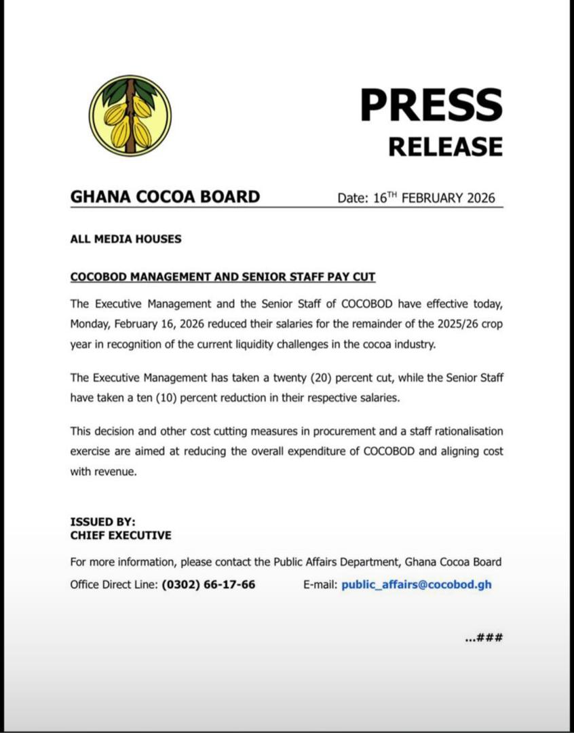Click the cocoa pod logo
coord(130,116)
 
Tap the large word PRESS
coord(431,106)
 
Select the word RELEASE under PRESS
coord(445,146)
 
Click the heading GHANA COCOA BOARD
coord(165,197)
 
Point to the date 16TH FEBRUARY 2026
coord(434,198)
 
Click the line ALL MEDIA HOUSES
coord(126,239)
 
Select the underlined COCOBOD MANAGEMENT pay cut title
coord(223,277)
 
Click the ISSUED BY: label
coord(102,522)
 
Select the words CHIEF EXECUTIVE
coord(121,535)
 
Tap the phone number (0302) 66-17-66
coord(208,584)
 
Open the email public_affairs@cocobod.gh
coord(417,584)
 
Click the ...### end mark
coord(484,638)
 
